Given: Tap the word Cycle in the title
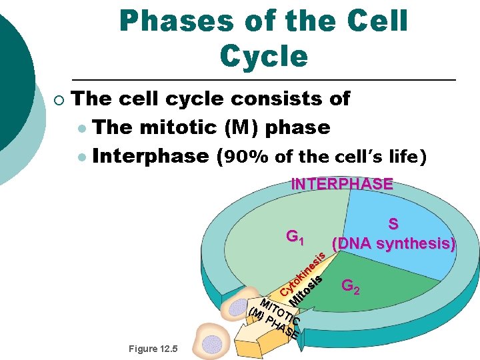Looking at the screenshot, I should click(263, 56).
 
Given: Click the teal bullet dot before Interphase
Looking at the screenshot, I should click(81, 157).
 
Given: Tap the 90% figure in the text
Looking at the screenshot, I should click(250, 157).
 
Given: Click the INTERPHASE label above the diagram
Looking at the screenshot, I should click(342, 184).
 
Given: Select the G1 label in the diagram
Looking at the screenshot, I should click(295, 236).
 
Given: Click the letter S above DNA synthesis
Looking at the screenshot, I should click(393, 225).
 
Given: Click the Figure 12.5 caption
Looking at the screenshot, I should click(153, 349).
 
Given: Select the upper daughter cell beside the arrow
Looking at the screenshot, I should click(235, 307).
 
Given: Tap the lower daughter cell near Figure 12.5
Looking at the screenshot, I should click(213, 343).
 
